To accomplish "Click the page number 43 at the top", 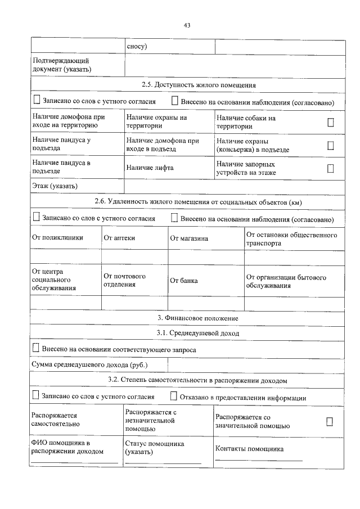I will (187, 25).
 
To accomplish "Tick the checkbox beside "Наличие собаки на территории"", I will (331, 123).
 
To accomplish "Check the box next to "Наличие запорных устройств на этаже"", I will (331, 168).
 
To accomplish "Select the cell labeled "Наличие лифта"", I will (150, 168).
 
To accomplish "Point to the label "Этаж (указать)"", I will (55, 186).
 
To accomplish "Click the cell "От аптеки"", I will (119, 238).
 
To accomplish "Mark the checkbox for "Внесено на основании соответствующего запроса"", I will (37, 349).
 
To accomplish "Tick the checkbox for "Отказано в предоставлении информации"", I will (174, 397).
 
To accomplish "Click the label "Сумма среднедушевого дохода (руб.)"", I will (89, 365).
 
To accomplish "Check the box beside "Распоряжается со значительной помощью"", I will (330, 421).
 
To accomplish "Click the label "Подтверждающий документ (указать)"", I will (62, 65).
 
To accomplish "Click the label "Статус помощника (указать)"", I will (155, 448).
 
